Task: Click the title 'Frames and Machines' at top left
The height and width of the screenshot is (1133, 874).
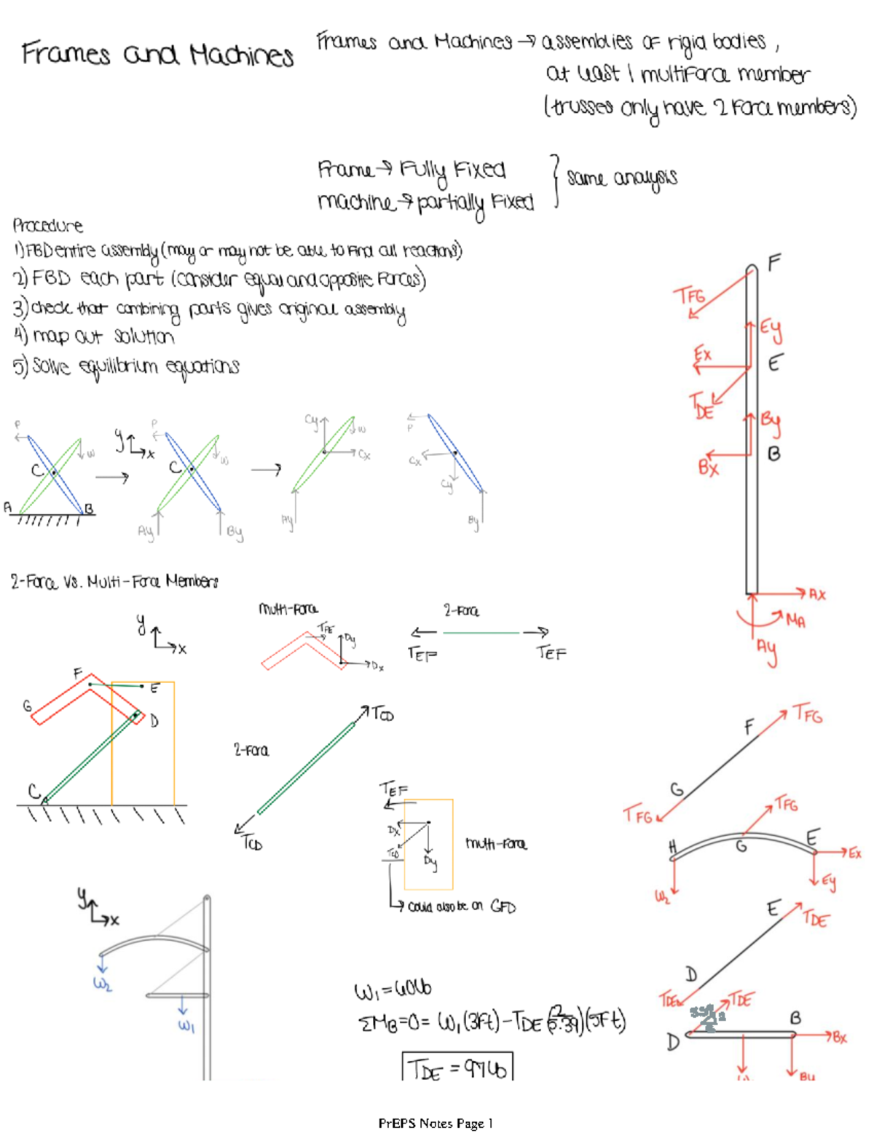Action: [x=157, y=54]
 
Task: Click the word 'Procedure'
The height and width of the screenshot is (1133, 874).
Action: [x=47, y=225]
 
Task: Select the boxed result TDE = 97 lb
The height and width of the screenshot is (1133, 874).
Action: [x=457, y=1068]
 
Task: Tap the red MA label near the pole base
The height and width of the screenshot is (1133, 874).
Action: [x=795, y=620]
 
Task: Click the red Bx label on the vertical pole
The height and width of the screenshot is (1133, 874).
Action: [x=708, y=467]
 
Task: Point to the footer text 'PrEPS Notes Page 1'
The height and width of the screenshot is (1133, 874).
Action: [x=436, y=1123]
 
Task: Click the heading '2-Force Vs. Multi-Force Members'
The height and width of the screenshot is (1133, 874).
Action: [x=114, y=581]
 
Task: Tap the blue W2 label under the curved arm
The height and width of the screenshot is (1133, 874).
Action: [x=102, y=984]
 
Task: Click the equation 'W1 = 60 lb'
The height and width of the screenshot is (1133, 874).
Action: [x=393, y=990]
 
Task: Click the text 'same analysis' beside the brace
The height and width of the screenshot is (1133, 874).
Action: [x=622, y=178]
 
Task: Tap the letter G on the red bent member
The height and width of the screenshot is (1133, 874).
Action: [x=27, y=705]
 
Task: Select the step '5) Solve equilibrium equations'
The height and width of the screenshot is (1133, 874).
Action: [x=126, y=366]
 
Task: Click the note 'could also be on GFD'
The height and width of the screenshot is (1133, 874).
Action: [x=461, y=907]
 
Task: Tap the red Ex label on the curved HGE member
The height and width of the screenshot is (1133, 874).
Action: [x=854, y=853]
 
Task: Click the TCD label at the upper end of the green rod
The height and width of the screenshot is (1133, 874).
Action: [x=382, y=714]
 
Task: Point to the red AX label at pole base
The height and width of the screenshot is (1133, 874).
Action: [x=817, y=594]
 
